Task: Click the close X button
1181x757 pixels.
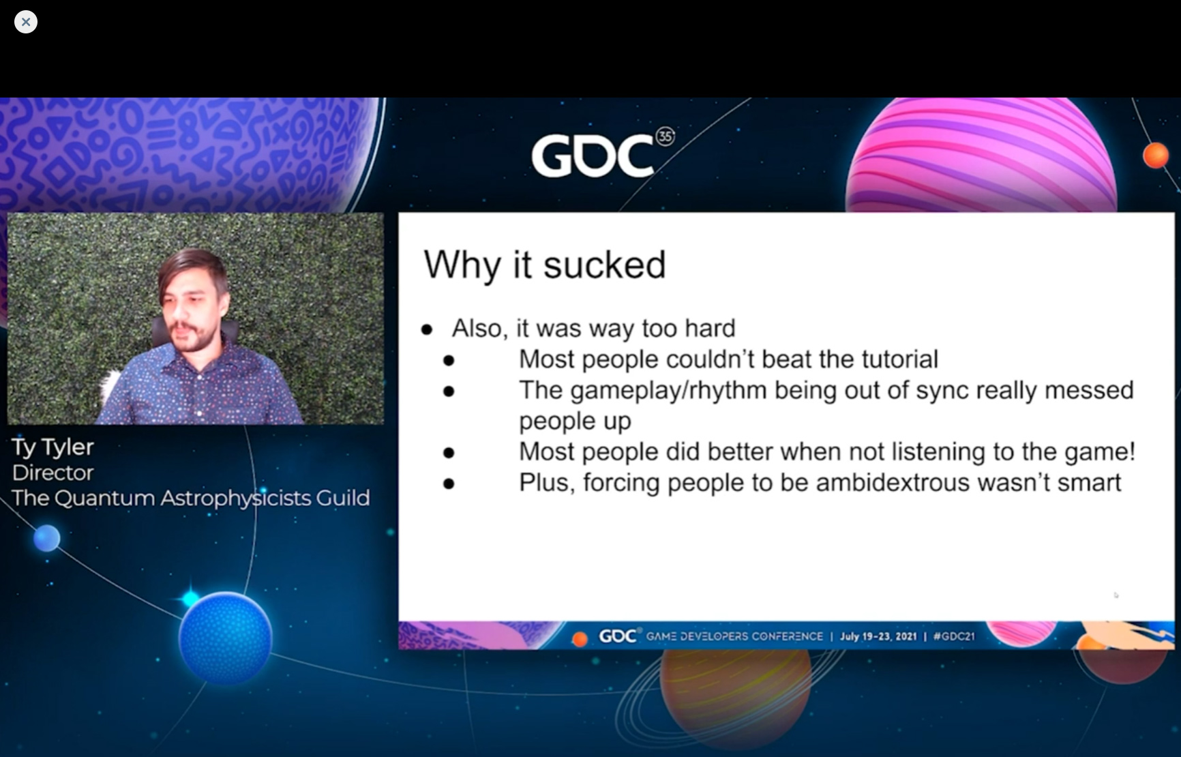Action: [26, 22]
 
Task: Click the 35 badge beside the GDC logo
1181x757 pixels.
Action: [665, 137]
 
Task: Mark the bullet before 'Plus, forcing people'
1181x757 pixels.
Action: [449, 484]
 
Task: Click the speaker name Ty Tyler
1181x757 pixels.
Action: [53, 447]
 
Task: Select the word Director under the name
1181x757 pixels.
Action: [53, 473]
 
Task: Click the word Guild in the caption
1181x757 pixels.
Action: [342, 498]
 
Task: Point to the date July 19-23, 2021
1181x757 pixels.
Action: [878, 636]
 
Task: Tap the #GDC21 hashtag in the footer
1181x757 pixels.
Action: [954, 636]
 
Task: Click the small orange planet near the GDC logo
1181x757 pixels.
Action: [1156, 155]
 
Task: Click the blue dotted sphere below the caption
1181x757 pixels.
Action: [226, 638]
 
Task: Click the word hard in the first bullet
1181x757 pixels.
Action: [710, 328]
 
